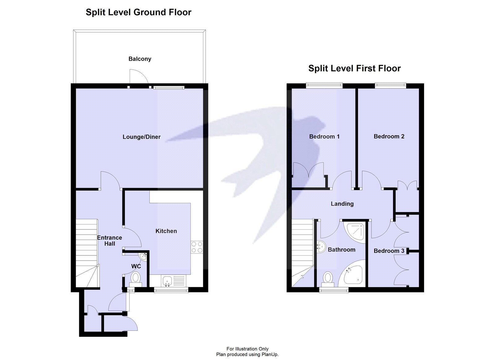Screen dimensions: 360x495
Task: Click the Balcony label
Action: coord(140,59)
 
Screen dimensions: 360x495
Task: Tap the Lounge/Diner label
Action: coord(141,137)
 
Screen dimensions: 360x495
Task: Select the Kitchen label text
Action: coord(166,231)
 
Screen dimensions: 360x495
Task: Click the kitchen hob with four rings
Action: coord(197,247)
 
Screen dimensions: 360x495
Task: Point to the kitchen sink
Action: coord(167,281)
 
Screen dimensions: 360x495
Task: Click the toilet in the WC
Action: coord(136,278)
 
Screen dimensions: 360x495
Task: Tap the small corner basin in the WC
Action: coord(143,256)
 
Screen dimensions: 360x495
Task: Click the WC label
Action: coord(136,266)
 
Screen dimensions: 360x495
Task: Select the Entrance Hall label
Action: coord(110,241)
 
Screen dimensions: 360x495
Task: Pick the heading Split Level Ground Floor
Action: coord(138,12)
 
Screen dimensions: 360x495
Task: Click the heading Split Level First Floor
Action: coord(354,68)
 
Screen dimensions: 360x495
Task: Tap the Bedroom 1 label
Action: coord(324,137)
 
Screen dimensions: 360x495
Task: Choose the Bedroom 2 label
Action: coord(389,137)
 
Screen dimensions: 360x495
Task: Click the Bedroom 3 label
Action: coord(389,251)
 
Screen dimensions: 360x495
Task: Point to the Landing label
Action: coord(342,204)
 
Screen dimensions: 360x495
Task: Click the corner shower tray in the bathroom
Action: coord(355,231)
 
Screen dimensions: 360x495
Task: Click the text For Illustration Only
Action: coord(247,349)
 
